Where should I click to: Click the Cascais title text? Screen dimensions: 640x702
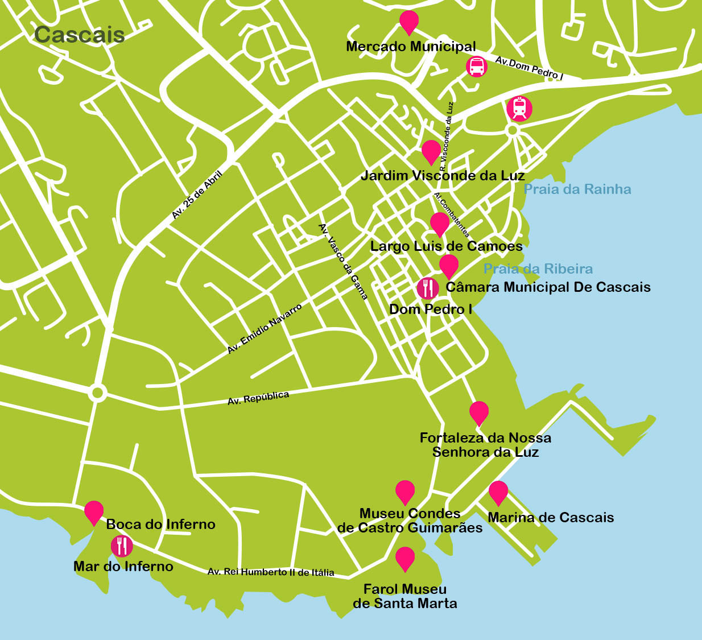(x=79, y=35)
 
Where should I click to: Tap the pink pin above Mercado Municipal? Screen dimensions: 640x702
(x=409, y=22)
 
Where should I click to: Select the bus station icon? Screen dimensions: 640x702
(x=476, y=67)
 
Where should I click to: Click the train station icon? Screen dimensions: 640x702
(x=519, y=108)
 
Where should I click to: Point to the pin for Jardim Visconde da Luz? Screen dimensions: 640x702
(x=431, y=151)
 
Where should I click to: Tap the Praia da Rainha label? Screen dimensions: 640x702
(x=577, y=189)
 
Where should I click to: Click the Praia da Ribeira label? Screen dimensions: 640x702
(x=538, y=269)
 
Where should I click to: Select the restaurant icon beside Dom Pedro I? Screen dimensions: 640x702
(x=428, y=288)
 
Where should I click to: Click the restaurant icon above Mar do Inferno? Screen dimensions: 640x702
(x=122, y=546)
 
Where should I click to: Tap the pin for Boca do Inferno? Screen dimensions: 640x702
(x=94, y=512)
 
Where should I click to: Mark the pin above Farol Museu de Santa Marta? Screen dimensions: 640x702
(x=405, y=558)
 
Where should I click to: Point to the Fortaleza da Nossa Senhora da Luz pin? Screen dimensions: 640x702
(x=479, y=412)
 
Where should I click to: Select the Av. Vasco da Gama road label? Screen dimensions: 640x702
(x=344, y=261)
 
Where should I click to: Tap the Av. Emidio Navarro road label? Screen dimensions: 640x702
(x=265, y=329)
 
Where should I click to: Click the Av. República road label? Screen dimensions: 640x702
(x=258, y=398)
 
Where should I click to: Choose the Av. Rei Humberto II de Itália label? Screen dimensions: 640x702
(x=271, y=572)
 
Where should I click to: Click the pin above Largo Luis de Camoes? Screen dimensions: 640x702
(x=439, y=224)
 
